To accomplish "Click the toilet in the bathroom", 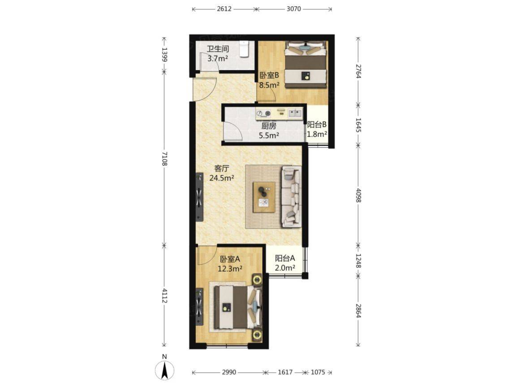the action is pyautogui.click(x=244, y=49).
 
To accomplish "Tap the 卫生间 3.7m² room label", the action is pyautogui.click(x=218, y=54).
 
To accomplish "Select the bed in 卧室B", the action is pyautogui.click(x=305, y=64).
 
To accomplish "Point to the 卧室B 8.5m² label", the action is pyautogui.click(x=269, y=80).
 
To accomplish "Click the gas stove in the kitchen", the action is pyautogui.click(x=263, y=114).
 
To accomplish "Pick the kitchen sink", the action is pyautogui.click(x=295, y=113).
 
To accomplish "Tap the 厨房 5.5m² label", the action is pyautogui.click(x=269, y=130).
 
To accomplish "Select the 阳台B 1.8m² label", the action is pyautogui.click(x=317, y=129).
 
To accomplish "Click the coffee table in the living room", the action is pyautogui.click(x=264, y=197).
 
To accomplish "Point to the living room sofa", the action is pyautogui.click(x=291, y=197).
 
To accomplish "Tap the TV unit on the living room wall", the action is pyautogui.click(x=199, y=197).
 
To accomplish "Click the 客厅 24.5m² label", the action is pyautogui.click(x=222, y=173).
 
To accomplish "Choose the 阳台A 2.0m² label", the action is pyautogui.click(x=285, y=263).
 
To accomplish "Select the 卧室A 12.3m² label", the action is pyautogui.click(x=230, y=264).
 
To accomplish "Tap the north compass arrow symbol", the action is pyautogui.click(x=164, y=370).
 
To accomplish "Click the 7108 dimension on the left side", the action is pyautogui.click(x=164, y=158).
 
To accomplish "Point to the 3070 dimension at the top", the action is pyautogui.click(x=294, y=9).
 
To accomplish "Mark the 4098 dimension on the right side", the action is pyautogui.click(x=358, y=195).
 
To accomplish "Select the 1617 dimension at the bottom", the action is pyautogui.click(x=285, y=372).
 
